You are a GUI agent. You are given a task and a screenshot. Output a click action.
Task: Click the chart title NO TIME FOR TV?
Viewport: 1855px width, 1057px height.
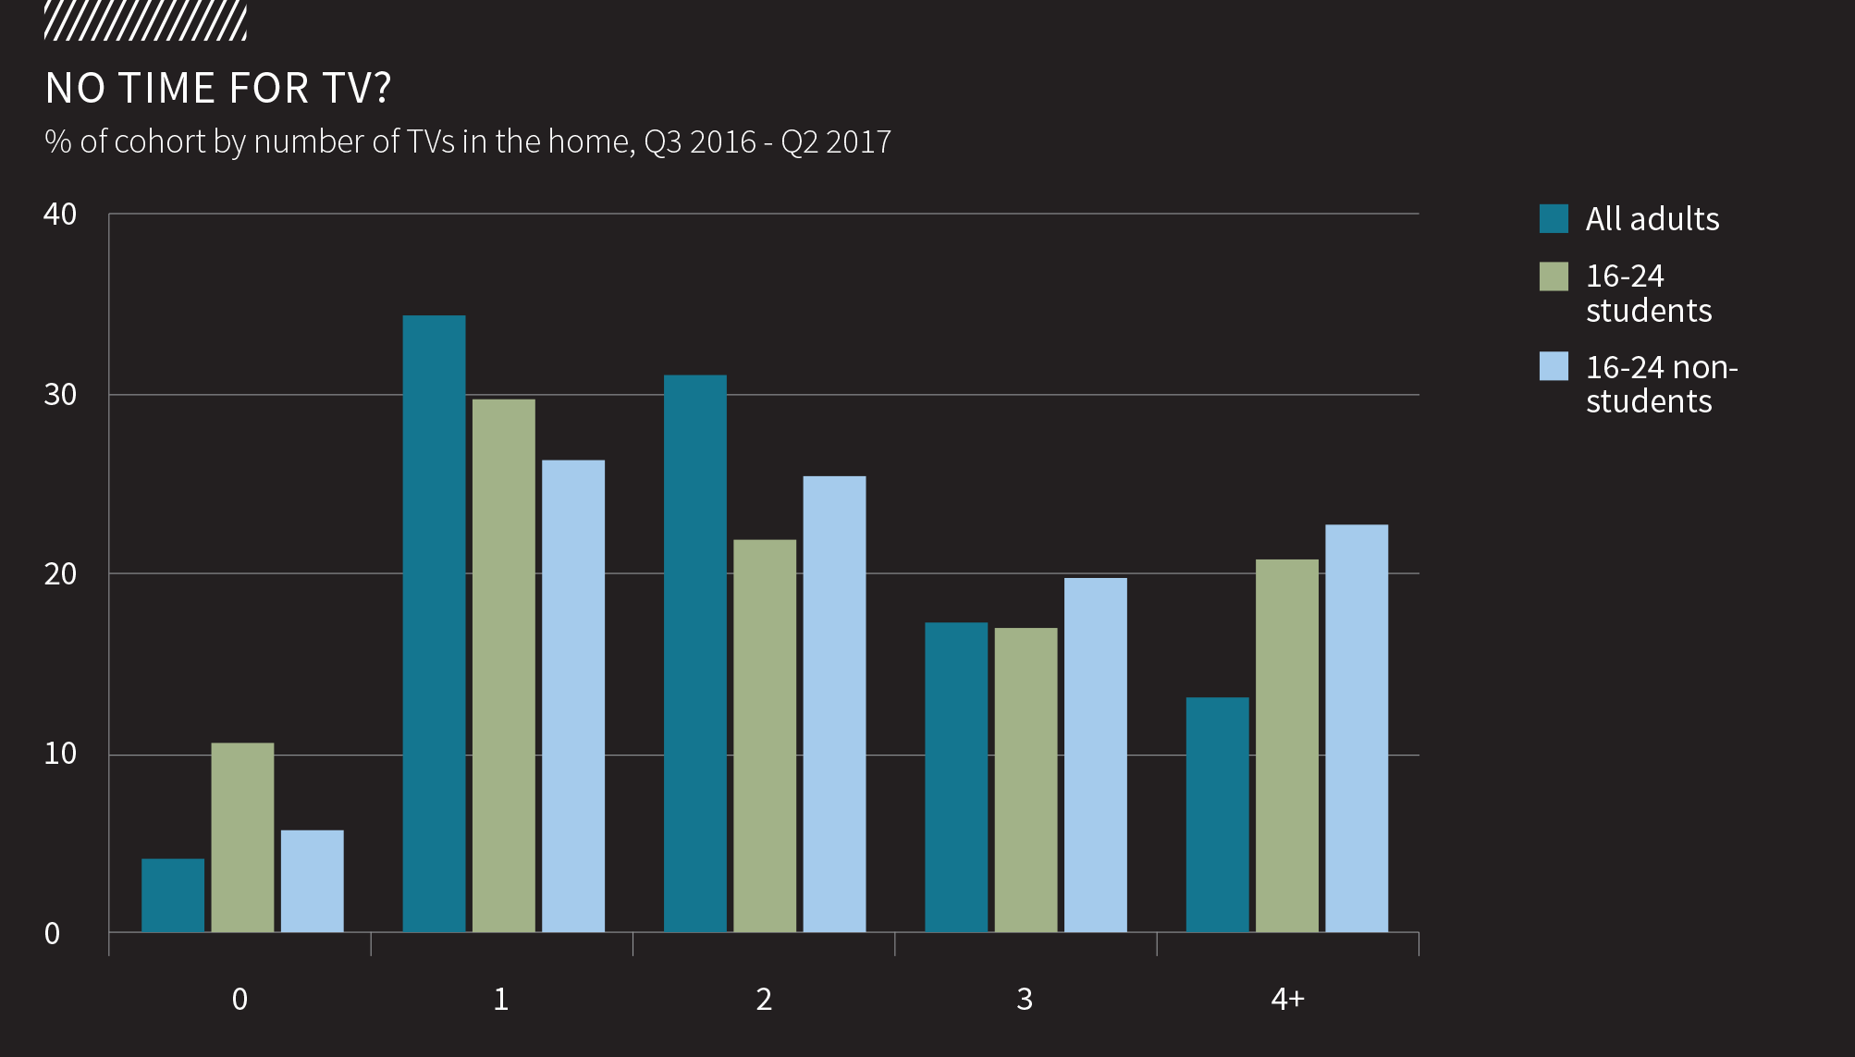pyautogui.click(x=218, y=89)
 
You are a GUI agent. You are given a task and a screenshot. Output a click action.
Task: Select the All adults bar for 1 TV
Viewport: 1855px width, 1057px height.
pyautogui.click(x=434, y=623)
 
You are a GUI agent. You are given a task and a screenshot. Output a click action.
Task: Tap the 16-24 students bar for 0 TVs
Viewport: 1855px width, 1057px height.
pyautogui.click(x=242, y=837)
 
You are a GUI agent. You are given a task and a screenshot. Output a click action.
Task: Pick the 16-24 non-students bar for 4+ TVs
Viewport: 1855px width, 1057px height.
pyautogui.click(x=1357, y=728)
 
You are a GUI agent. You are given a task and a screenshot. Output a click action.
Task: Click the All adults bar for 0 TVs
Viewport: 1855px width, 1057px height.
pyautogui.click(x=173, y=895)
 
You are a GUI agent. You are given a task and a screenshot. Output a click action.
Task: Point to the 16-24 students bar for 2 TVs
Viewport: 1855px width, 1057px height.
pyautogui.click(x=765, y=735)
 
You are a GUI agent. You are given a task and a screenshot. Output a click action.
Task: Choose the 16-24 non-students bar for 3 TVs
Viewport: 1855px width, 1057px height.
pyautogui.click(x=1096, y=755)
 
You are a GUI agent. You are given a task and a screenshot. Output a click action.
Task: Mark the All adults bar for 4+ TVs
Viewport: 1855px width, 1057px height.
pyautogui.click(x=1217, y=814)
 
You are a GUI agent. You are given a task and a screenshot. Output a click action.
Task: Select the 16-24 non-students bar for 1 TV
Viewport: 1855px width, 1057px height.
pyautogui.click(x=573, y=695)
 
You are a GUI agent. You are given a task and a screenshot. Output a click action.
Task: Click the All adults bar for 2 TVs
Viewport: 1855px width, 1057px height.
pyautogui.click(x=695, y=653)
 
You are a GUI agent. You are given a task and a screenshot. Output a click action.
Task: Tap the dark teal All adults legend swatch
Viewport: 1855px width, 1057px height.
pyautogui.click(x=1554, y=218)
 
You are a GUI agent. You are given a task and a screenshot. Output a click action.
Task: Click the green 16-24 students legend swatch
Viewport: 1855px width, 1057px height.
pyautogui.click(x=1554, y=277)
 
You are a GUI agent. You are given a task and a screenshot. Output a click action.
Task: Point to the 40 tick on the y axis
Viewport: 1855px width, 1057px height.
pyautogui.click(x=60, y=215)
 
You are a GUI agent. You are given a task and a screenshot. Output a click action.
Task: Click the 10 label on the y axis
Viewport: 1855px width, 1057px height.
pyautogui.click(x=60, y=754)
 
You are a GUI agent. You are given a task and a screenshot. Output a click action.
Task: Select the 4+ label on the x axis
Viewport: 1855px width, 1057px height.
pyautogui.click(x=1287, y=999)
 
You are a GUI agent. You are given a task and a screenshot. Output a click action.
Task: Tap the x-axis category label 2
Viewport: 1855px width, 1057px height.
pyautogui.click(x=764, y=999)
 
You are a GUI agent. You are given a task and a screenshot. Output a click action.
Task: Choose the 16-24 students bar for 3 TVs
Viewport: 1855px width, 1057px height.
pyautogui.click(x=1026, y=780)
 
